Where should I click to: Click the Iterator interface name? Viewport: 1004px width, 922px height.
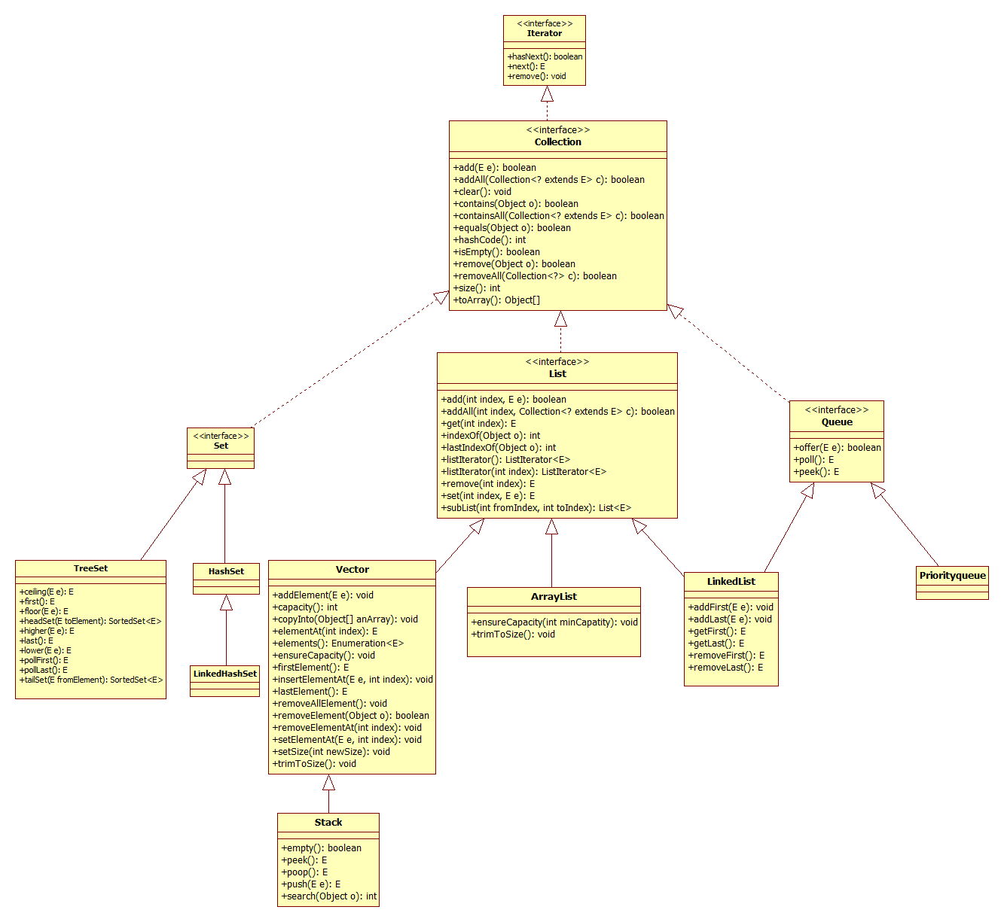(x=544, y=33)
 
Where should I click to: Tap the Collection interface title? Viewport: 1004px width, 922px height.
(x=557, y=141)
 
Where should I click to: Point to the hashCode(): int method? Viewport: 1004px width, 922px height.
(x=490, y=240)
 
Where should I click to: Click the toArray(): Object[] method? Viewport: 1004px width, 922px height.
(x=496, y=300)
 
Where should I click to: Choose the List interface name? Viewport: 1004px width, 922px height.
(x=557, y=373)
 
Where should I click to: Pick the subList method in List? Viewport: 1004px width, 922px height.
(x=536, y=508)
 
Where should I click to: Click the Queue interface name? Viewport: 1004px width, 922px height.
(x=837, y=422)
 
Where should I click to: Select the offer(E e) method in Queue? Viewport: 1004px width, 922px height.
(x=837, y=448)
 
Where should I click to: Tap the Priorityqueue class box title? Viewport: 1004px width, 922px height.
(x=952, y=576)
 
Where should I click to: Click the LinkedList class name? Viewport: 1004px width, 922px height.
(x=731, y=582)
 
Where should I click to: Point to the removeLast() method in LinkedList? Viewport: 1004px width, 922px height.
(x=725, y=668)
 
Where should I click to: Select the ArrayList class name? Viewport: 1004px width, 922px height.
(x=554, y=597)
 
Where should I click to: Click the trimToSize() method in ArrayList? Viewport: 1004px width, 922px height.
(x=513, y=634)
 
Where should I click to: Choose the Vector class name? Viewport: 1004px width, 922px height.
(x=352, y=570)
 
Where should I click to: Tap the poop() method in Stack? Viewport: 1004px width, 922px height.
(x=304, y=872)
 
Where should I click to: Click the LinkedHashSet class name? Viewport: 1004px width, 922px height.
(x=224, y=674)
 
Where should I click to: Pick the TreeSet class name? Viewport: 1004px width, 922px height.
(x=90, y=568)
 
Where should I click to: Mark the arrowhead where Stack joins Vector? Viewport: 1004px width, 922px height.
(x=328, y=783)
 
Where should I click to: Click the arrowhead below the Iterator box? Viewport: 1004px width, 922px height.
(x=547, y=94)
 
